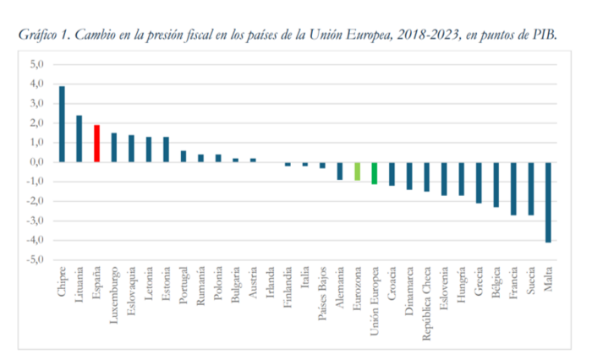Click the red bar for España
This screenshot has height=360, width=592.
click(x=96, y=144)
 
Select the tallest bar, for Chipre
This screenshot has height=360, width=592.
click(x=62, y=124)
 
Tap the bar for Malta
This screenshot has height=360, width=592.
click(x=548, y=202)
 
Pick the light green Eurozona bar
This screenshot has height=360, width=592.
click(x=357, y=171)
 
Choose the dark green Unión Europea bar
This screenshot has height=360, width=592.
click(x=374, y=173)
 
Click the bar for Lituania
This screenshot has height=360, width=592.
click(x=79, y=139)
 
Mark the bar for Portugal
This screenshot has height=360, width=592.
click(x=184, y=156)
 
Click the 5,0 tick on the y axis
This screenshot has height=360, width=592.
click(x=36, y=64)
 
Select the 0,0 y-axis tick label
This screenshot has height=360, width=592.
click(x=36, y=162)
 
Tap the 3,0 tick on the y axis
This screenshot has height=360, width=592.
click(x=36, y=104)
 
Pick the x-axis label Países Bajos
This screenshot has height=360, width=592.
click(x=323, y=292)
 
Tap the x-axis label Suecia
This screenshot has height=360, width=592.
click(x=531, y=283)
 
